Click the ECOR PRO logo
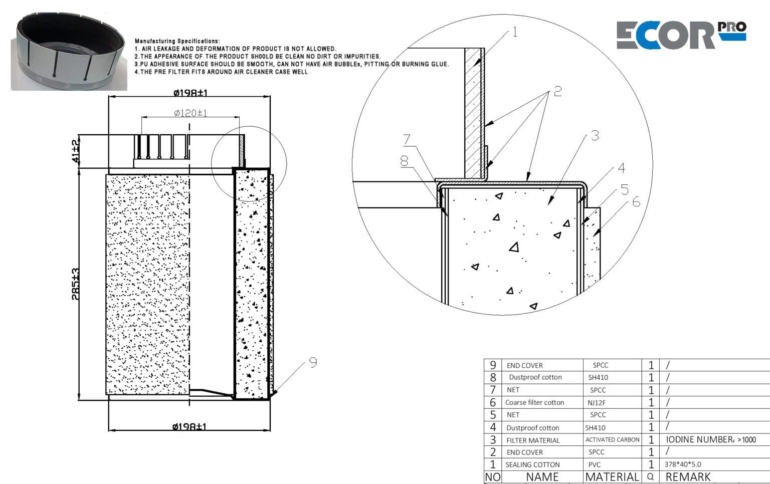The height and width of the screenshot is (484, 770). [680, 35]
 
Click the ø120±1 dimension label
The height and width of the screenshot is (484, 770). [190, 113]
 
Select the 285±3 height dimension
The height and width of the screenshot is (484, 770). [75, 284]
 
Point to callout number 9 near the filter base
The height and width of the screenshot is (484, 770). [313, 362]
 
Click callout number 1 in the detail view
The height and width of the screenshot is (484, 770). [514, 33]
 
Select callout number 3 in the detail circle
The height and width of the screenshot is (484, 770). [595, 135]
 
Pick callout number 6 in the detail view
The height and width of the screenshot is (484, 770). [636, 202]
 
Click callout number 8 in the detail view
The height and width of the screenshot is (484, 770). [404, 161]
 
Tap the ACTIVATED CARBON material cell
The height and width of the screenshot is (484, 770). [612, 440]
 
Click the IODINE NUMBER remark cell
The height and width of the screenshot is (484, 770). [710, 440]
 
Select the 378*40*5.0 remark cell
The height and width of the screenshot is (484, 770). [682, 464]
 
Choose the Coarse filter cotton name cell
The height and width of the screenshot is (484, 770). [534, 402]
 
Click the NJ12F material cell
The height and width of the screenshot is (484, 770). [597, 402]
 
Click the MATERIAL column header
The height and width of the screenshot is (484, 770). [612, 477]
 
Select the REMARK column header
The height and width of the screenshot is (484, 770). [688, 477]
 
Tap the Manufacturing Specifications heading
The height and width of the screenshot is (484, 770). [177, 41]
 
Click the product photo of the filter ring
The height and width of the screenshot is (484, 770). [68, 53]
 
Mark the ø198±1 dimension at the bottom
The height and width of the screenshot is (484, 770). [189, 426]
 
